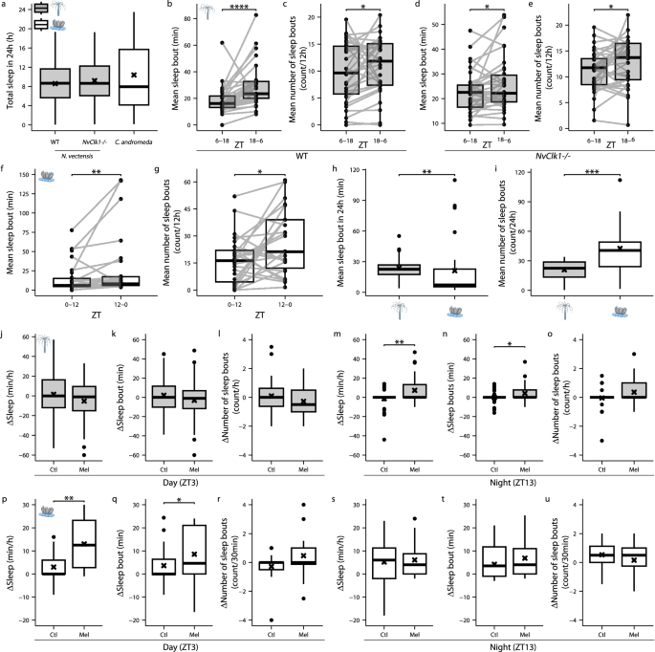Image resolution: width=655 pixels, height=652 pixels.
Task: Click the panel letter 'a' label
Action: [5, 6]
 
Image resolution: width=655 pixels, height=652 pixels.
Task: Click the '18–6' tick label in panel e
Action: [626, 143]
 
